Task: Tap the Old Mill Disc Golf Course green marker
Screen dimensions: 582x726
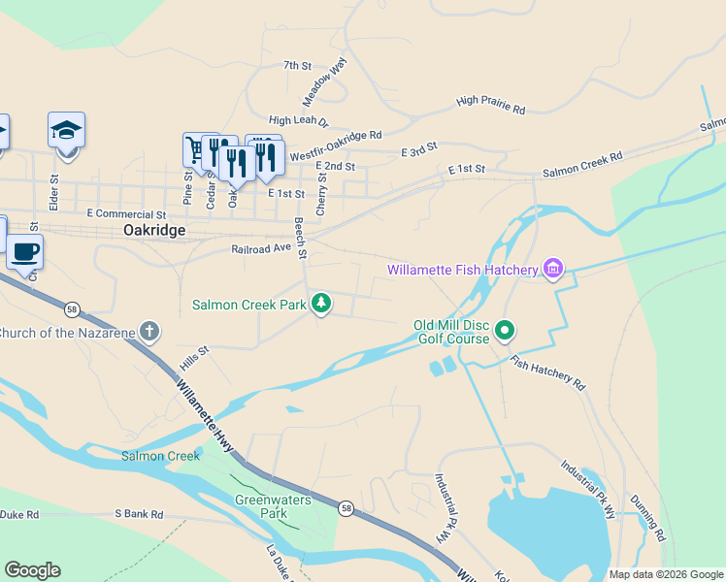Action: [505, 331]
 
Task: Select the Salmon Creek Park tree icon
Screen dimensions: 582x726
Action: [321, 305]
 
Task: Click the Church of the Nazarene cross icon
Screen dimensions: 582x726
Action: [148, 333]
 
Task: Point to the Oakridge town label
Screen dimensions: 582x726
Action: [154, 231]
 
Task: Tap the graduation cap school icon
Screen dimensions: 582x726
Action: [66, 130]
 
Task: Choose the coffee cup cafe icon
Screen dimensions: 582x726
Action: [25, 252]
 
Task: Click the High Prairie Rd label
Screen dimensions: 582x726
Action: [490, 105]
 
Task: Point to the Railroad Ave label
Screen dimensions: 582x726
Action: [261, 248]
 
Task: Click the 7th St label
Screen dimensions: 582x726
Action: [297, 66]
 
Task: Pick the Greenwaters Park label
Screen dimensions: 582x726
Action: [261, 506]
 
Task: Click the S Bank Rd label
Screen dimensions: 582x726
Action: [139, 514]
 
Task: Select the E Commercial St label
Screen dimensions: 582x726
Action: [126, 213]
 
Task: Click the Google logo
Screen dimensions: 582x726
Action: [32, 570]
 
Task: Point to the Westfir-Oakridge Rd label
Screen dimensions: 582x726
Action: [335, 145]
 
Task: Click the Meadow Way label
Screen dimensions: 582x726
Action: [324, 82]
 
